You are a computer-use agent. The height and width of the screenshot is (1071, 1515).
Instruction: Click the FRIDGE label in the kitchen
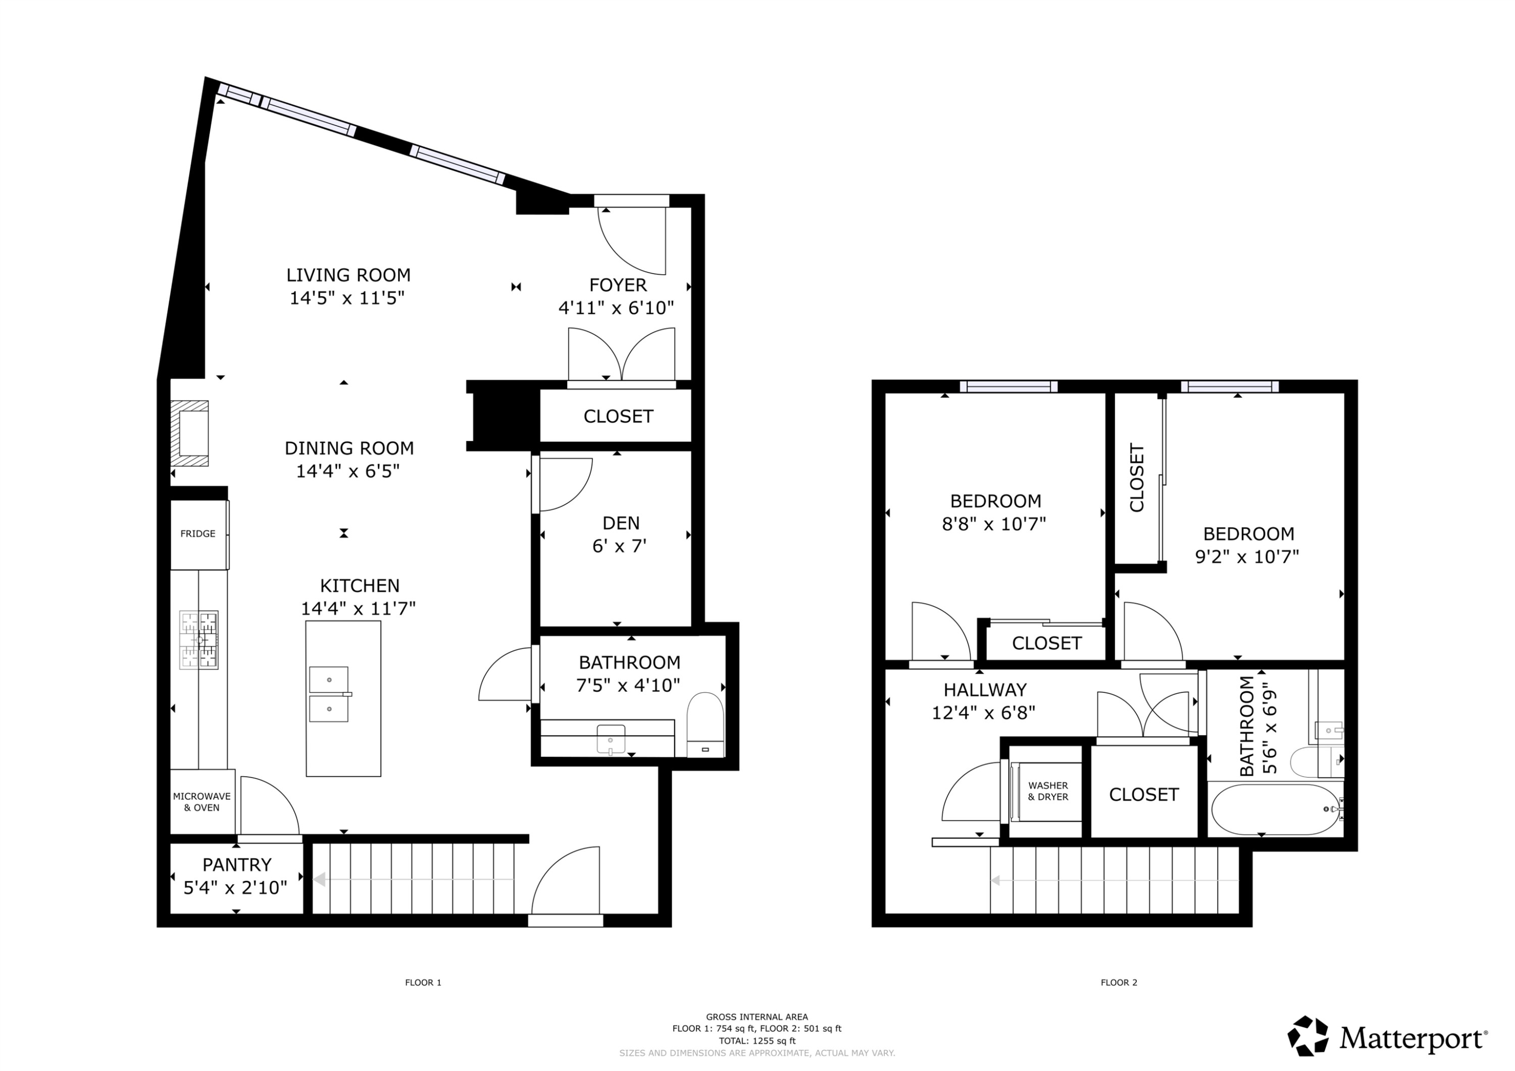197,533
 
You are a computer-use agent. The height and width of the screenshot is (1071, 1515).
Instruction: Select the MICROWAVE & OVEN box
202,802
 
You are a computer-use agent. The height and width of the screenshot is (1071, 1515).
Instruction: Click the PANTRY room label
236,864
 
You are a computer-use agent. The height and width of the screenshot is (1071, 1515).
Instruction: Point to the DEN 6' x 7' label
620,535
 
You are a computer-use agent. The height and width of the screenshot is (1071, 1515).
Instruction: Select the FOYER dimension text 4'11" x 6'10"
616,308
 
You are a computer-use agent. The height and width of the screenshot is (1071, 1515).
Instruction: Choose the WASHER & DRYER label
1048,791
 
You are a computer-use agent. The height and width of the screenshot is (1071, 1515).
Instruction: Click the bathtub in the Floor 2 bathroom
1274,809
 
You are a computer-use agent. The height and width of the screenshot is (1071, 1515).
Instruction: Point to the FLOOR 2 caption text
1119,983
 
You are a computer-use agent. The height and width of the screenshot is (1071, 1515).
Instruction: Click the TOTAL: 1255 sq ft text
757,1041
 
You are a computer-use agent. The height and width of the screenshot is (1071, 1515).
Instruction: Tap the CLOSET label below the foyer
618,417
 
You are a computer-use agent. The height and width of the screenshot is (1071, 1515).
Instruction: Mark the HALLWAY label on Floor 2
984,690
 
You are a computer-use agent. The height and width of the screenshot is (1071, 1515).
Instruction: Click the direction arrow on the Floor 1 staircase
320,879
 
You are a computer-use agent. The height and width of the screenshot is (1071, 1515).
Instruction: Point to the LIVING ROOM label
348,275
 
